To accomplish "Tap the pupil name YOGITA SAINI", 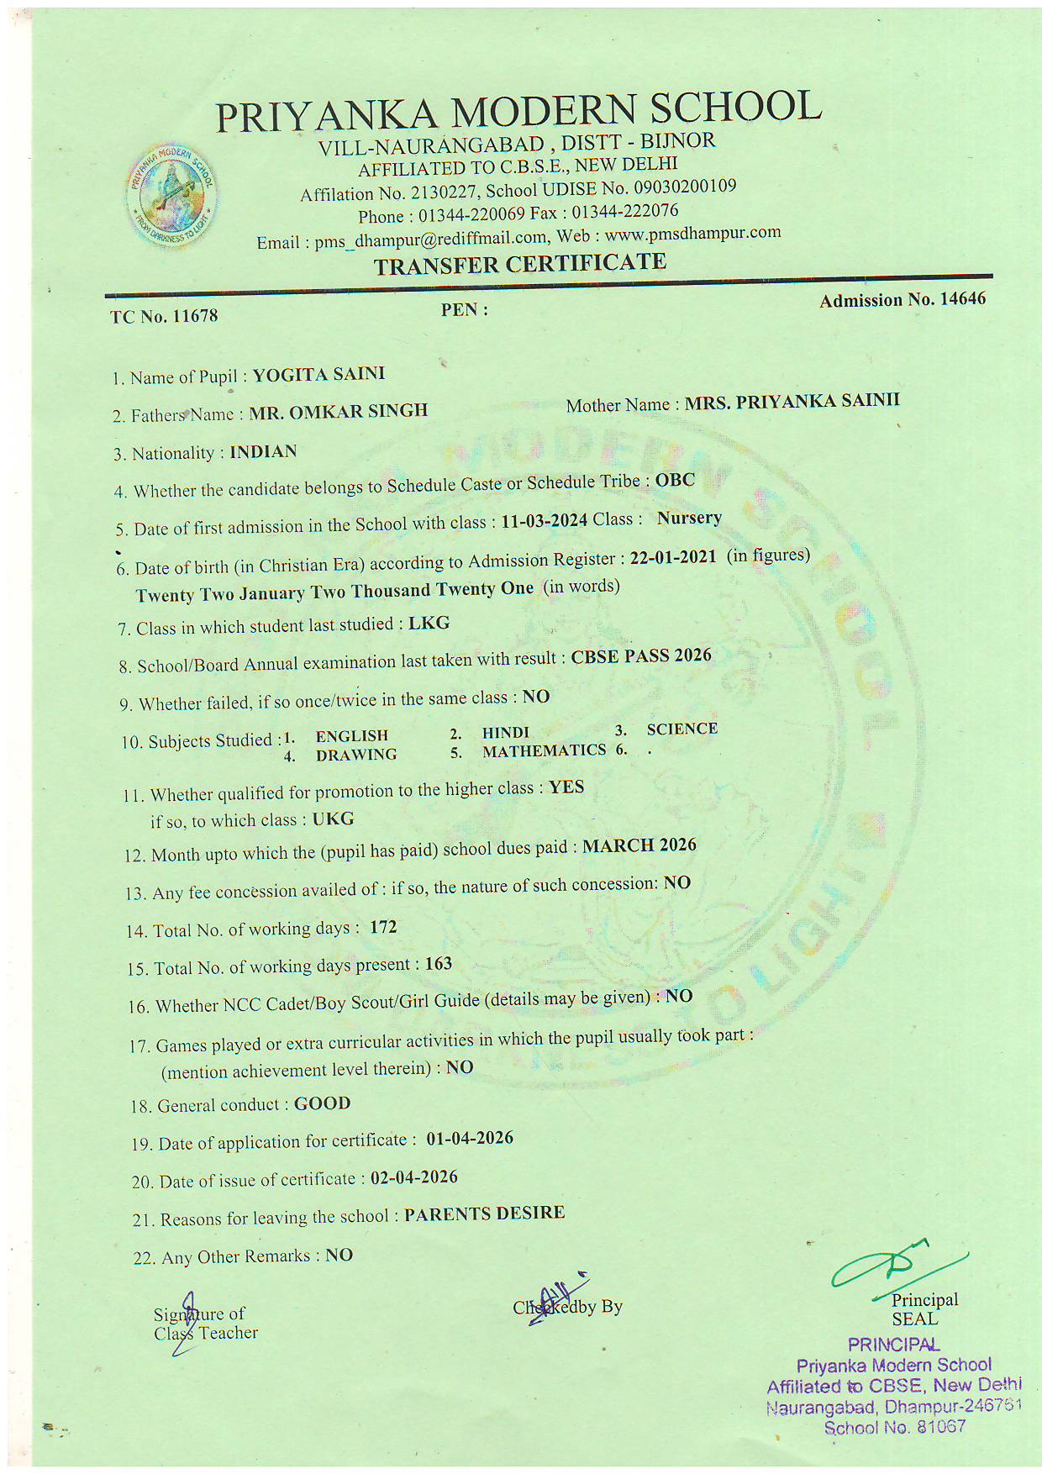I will tap(318, 374).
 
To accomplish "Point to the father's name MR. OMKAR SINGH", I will tap(338, 412).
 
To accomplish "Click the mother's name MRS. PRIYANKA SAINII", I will tap(792, 401).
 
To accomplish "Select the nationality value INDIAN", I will tap(263, 452).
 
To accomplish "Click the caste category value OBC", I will tap(675, 481).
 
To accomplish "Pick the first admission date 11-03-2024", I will tap(544, 521).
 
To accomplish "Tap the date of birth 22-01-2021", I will tap(673, 557).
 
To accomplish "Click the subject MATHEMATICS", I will tap(544, 750).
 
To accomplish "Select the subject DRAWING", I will tap(356, 755).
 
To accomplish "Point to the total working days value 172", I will tap(383, 927).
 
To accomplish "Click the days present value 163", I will tap(439, 964).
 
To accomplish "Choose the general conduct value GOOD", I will tap(322, 1103).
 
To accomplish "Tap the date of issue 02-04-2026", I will tap(414, 1177).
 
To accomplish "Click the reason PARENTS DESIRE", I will tap(484, 1213).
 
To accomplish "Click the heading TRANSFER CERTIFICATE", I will tap(519, 265).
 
